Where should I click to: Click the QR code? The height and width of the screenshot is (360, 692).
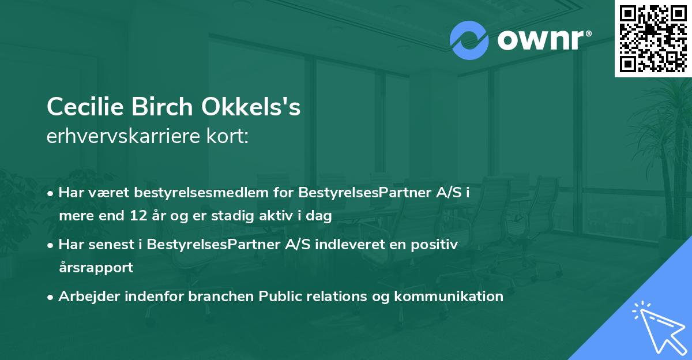pos(653,38)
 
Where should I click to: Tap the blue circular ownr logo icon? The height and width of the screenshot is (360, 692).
pos(469,40)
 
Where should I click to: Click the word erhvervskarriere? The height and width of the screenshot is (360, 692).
pos(125,137)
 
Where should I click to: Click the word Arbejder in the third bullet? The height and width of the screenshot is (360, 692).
pos(85,297)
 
